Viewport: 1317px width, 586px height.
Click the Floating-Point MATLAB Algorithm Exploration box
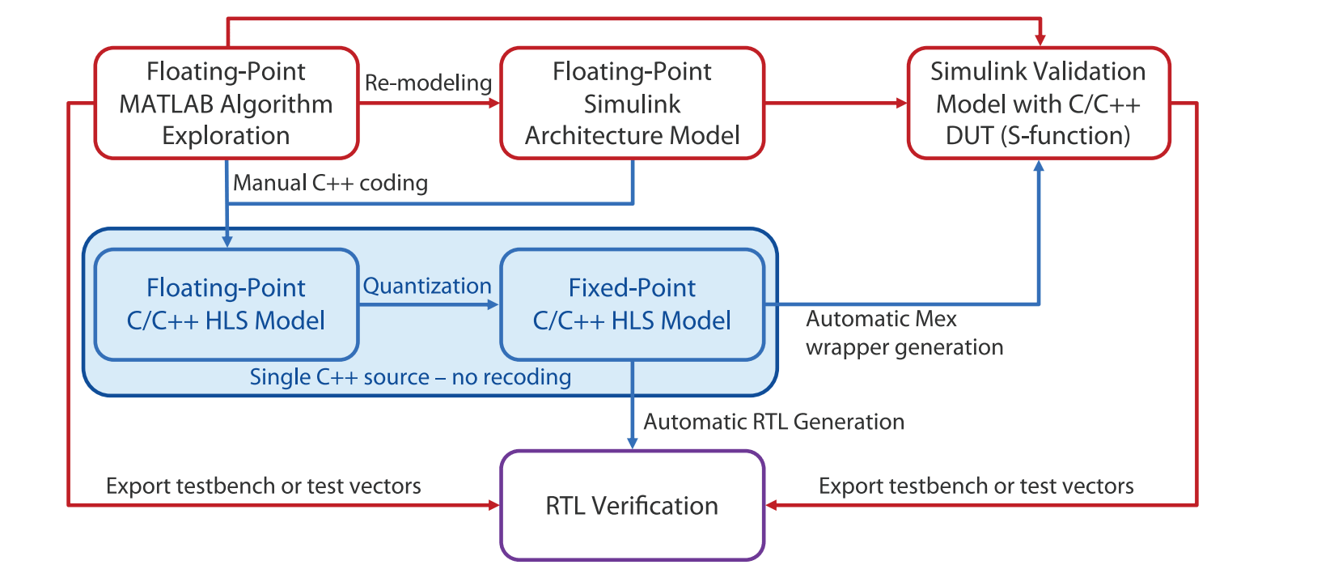pyautogui.click(x=227, y=103)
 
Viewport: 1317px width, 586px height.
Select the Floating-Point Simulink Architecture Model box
pyautogui.click(x=632, y=103)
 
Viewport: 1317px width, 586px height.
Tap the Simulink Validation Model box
pyautogui.click(x=1039, y=103)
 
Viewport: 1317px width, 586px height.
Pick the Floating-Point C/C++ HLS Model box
pyautogui.click(x=227, y=304)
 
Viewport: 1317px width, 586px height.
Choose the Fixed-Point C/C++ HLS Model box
pyautogui.click(x=632, y=304)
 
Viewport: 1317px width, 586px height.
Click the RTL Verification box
pyautogui.click(x=632, y=505)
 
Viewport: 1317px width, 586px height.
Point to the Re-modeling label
pyautogui.click(x=428, y=83)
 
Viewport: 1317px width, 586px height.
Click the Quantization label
pyautogui.click(x=427, y=287)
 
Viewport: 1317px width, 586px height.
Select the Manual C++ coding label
pyautogui.click(x=330, y=183)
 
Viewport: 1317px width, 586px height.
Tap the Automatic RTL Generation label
pyautogui.click(x=773, y=422)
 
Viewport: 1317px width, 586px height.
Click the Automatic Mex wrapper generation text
pyautogui.click(x=904, y=333)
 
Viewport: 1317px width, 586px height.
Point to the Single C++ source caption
pyautogui.click(x=410, y=377)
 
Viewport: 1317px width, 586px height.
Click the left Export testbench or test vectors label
pyautogui.click(x=264, y=486)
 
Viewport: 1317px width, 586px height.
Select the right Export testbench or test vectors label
pyautogui.click(x=976, y=486)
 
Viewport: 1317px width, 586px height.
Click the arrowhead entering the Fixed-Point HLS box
pyautogui.click(x=493, y=304)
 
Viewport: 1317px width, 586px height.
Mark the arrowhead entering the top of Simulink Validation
pyautogui.click(x=1040, y=40)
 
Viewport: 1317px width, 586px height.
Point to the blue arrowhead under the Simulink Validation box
pyautogui.click(x=1039, y=167)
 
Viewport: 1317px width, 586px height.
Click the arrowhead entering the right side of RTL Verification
pyautogui.click(x=772, y=505)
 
